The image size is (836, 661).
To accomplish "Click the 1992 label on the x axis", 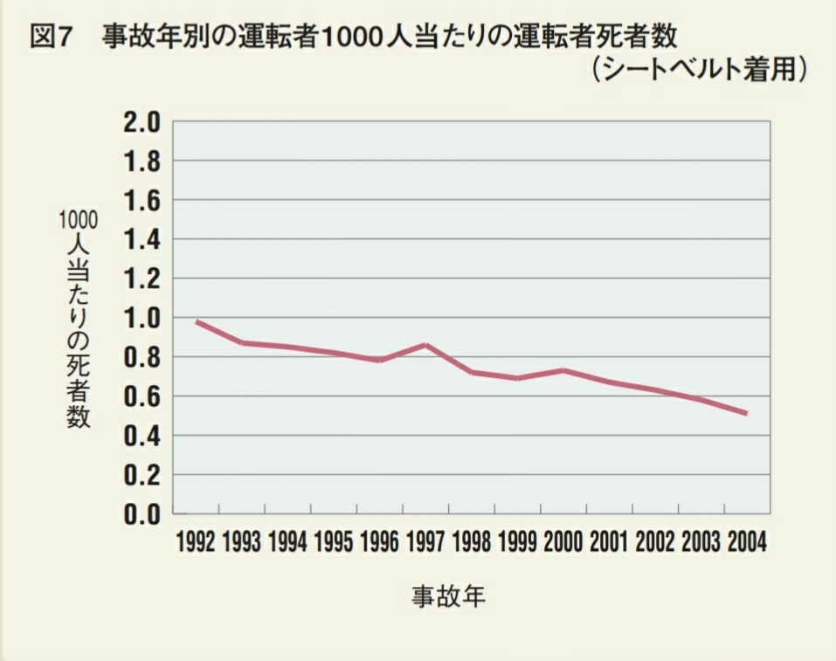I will [195, 542].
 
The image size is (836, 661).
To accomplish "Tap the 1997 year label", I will [425, 542].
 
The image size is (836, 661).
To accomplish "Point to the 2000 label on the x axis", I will [562, 542].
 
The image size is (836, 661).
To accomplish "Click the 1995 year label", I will [333, 542].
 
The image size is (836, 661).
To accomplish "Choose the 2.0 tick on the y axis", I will [142, 122].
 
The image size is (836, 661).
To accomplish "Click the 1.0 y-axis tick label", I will [142, 318].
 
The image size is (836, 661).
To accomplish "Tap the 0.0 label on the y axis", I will [142, 514].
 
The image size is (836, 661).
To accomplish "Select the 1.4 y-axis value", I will [142, 239].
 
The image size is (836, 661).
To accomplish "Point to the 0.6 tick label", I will [142, 396].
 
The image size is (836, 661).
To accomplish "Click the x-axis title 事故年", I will [448, 597].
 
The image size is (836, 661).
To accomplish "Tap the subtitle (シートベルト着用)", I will [697, 71].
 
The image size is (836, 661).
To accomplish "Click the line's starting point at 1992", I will [197, 321].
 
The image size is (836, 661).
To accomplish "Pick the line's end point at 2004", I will [745, 413].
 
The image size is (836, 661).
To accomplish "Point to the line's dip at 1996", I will [380, 360].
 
